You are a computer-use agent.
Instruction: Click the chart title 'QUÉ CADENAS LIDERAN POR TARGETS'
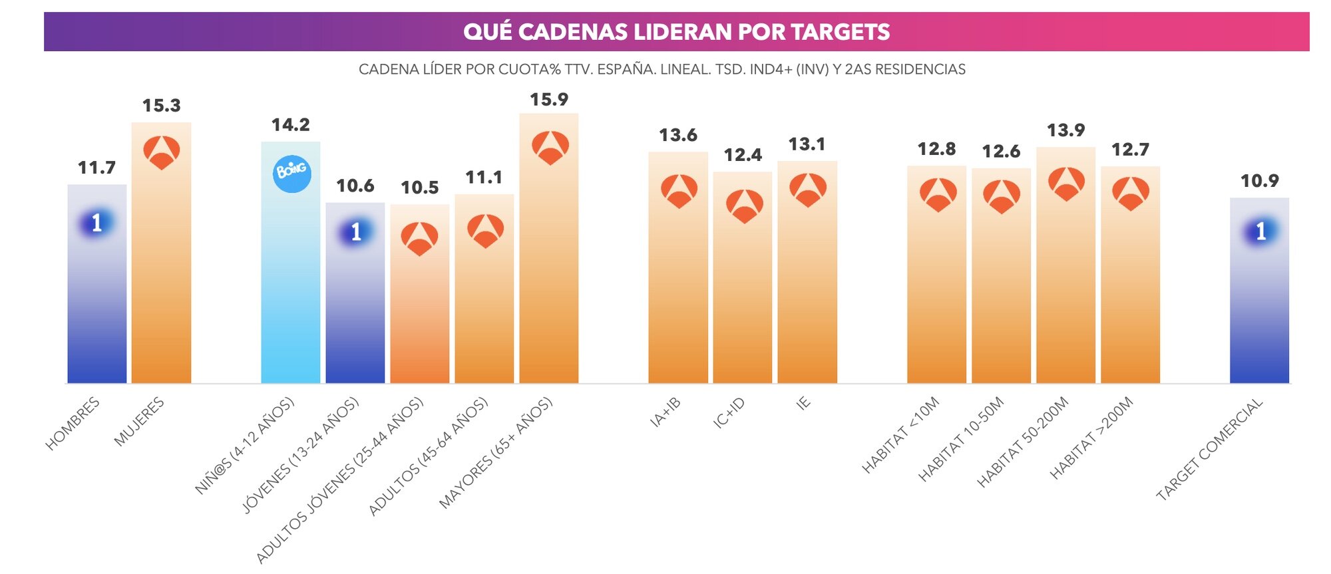click(676, 32)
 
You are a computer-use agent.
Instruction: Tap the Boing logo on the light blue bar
click(292, 173)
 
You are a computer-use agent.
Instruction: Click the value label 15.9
click(548, 100)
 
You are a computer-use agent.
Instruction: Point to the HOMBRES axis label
click(73, 423)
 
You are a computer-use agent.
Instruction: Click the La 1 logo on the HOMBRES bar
click(96, 223)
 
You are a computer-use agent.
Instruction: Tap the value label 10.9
click(1259, 181)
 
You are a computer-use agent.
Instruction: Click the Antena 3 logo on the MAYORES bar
click(550, 147)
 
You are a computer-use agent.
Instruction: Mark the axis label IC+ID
click(729, 412)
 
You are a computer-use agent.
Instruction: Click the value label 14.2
click(290, 125)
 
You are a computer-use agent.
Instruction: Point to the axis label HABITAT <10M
click(900, 434)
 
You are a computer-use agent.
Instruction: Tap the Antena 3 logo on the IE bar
click(808, 190)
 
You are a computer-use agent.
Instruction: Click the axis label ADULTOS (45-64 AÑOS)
click(429, 456)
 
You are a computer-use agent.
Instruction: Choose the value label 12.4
click(743, 156)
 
